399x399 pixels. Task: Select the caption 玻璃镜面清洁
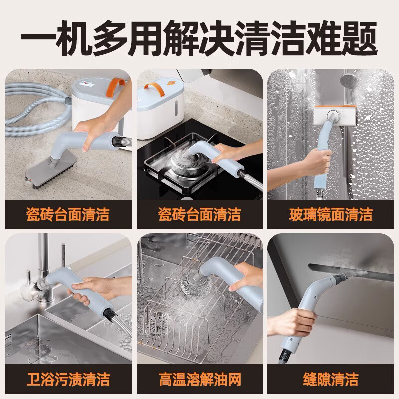coord(331,214)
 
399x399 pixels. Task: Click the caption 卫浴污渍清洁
coord(68,379)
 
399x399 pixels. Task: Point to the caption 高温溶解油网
coord(199,379)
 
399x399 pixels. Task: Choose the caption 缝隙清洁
coord(331,379)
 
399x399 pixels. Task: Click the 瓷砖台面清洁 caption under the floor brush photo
coord(68,214)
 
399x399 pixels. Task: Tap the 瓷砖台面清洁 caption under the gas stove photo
coord(199,214)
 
